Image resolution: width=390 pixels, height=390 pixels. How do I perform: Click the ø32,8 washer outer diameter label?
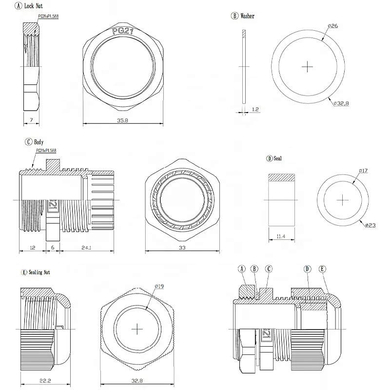click(343, 103)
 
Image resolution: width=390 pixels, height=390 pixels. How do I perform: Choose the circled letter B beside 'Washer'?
click(234, 16)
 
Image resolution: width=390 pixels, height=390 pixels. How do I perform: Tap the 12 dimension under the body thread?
click(33, 248)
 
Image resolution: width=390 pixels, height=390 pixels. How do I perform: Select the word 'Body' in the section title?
click(39, 142)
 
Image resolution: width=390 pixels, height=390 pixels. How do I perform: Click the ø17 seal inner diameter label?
click(363, 170)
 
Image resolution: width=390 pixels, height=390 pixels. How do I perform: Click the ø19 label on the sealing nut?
click(159, 286)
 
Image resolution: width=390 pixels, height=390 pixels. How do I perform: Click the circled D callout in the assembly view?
click(307, 269)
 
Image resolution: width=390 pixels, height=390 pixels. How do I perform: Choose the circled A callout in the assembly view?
click(241, 269)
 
